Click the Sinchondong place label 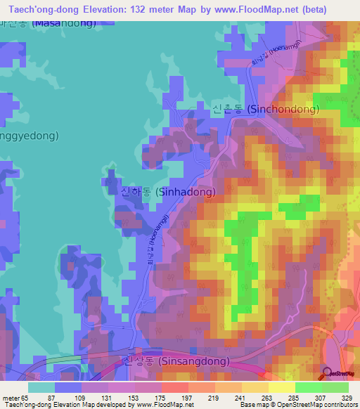[x=265, y=110]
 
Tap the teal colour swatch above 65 [x=41, y=387]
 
